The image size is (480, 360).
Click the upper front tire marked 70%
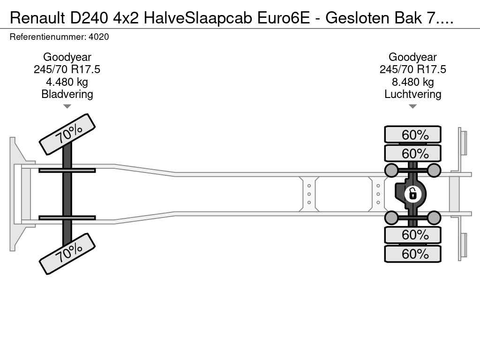(x=67, y=135)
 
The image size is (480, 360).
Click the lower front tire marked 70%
(x=67, y=254)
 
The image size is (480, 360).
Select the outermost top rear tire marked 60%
(x=412, y=135)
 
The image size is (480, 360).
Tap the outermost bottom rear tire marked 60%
(x=412, y=254)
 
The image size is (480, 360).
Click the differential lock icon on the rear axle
(x=412, y=194)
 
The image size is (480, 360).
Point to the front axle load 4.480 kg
(x=67, y=82)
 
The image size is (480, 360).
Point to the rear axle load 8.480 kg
(x=412, y=82)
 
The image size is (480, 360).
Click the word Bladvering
(x=67, y=94)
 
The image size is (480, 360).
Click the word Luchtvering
(x=412, y=94)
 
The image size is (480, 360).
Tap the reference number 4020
(x=98, y=37)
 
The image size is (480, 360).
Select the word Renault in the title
(x=37, y=18)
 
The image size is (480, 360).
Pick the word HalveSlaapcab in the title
(x=198, y=18)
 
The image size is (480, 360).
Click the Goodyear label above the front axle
(x=67, y=57)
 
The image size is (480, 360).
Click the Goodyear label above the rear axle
(x=412, y=57)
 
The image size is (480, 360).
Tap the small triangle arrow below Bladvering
(x=67, y=106)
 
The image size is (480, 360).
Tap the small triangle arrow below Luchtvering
(x=412, y=106)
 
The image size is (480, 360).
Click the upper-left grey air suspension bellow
(x=391, y=170)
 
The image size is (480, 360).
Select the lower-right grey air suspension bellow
(x=434, y=217)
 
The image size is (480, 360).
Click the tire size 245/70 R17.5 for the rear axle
(x=412, y=69)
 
